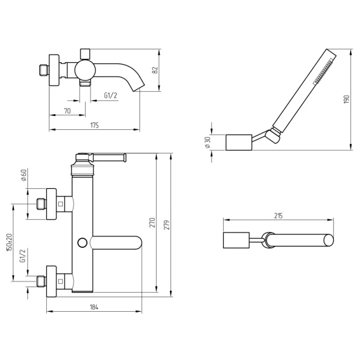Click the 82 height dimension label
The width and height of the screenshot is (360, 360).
click(156, 70)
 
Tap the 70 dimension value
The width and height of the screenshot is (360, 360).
click(67, 111)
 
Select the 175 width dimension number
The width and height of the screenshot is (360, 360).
click(94, 125)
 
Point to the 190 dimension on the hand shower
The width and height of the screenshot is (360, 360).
click(347, 99)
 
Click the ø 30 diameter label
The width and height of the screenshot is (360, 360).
click(208, 143)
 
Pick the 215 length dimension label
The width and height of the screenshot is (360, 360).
click(278, 216)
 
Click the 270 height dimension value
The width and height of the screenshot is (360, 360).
click(153, 222)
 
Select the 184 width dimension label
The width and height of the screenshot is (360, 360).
click(94, 307)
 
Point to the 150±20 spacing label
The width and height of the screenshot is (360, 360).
click(9, 242)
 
